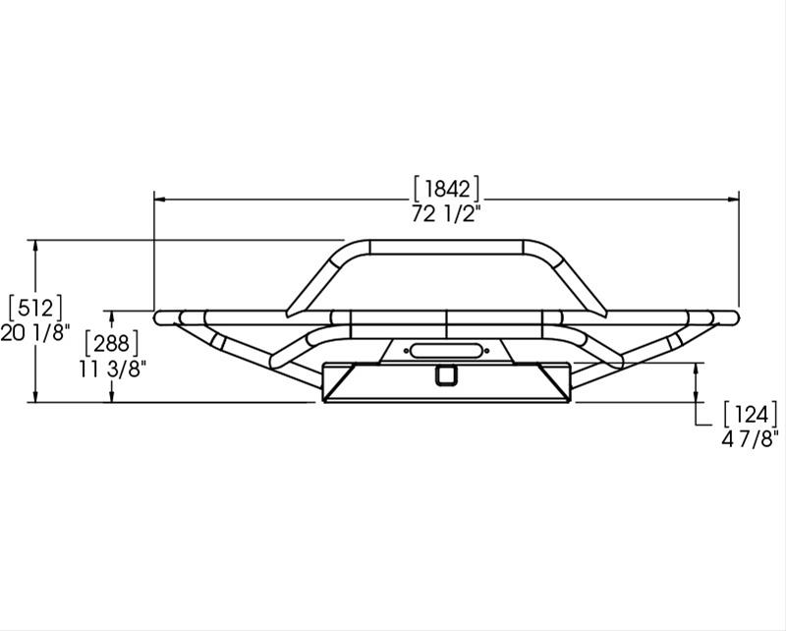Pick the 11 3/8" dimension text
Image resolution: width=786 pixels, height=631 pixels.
pyautogui.click(x=111, y=369)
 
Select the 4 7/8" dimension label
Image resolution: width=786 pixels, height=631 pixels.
pyautogui.click(x=750, y=438)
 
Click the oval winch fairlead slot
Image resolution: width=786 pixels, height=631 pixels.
pyautogui.click(x=446, y=348)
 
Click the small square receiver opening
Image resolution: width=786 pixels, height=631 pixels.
pyautogui.click(x=447, y=373)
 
